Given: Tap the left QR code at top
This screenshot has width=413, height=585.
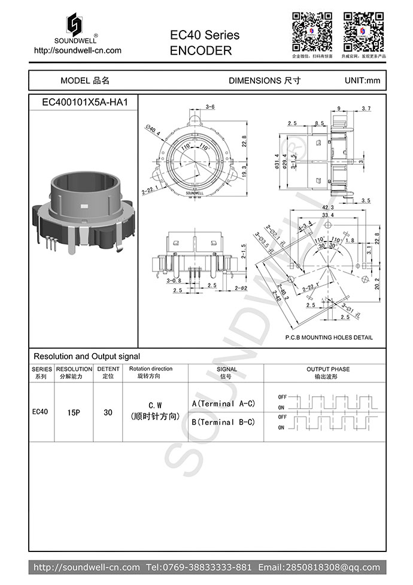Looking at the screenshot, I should (312, 31).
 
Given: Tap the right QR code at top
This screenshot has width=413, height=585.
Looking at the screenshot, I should (363, 31).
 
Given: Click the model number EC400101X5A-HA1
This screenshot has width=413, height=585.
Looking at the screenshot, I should (84, 102).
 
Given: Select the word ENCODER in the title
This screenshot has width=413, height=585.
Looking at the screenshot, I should (201, 51).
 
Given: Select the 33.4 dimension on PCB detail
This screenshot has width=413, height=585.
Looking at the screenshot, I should (327, 215).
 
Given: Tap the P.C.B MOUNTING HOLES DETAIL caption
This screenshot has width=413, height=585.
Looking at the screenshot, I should (329, 337).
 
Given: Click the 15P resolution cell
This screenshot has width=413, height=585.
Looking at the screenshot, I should (74, 412).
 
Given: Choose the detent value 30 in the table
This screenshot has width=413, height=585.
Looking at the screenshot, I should (108, 412).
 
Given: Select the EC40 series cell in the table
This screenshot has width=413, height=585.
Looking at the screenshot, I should (41, 412).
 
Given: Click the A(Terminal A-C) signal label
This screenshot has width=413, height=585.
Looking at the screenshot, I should (223, 404).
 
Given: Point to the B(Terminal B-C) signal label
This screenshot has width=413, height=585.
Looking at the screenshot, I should (223, 422).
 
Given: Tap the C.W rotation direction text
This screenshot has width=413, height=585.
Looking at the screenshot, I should (155, 406).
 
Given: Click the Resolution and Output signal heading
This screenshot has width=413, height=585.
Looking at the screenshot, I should (86, 356).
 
